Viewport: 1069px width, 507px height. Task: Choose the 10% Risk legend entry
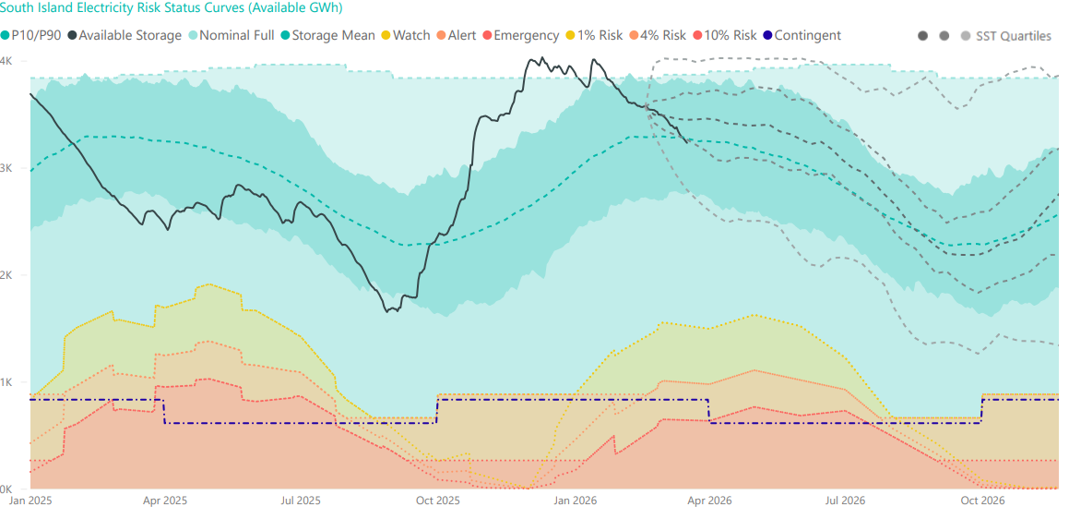click(730, 36)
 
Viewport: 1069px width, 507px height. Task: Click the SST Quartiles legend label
click(1013, 36)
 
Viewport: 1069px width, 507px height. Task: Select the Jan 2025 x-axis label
click(30, 501)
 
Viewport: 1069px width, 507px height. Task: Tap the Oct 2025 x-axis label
click(437, 501)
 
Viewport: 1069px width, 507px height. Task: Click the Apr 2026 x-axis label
click(709, 501)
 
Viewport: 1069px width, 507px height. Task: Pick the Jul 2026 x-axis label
click(845, 501)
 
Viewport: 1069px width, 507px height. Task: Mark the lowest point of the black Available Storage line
click(388, 311)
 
